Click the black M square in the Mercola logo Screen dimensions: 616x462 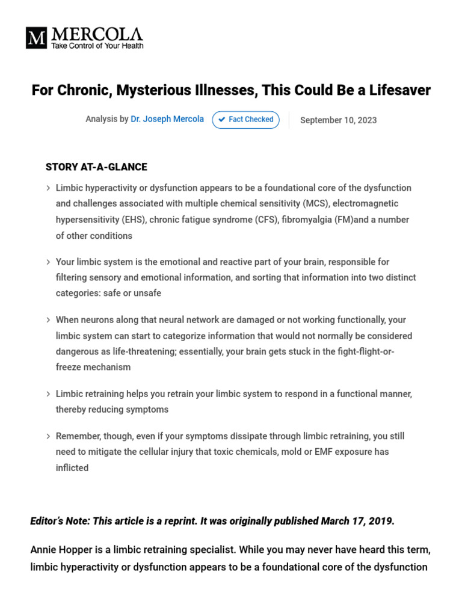coord(36,38)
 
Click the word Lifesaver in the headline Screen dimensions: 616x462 coord(399,90)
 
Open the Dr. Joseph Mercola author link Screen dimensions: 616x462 coord(167,119)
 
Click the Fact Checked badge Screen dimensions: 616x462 coord(245,120)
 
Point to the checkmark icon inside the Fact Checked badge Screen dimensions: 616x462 coord(222,120)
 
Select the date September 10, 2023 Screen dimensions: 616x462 coord(338,120)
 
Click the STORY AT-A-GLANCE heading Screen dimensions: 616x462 coord(96,167)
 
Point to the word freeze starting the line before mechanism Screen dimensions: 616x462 coord(69,367)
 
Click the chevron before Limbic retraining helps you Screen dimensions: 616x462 coord(48,394)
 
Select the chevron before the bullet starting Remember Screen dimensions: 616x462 coord(48,436)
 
